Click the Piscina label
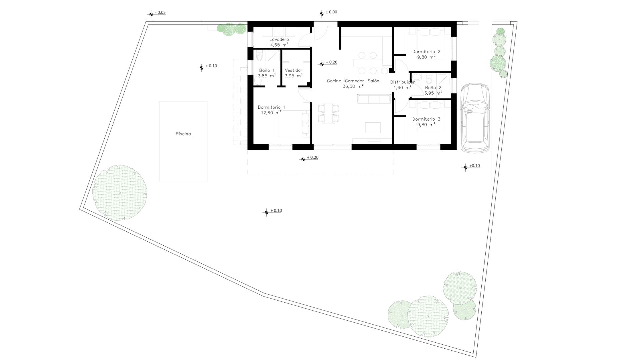point(183,134)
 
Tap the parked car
point(475,118)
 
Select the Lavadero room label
point(279,39)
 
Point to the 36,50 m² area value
point(353,86)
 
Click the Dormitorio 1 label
point(271,107)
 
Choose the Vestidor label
point(294,70)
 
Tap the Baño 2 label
point(433,88)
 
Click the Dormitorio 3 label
point(426,119)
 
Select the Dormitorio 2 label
point(426,52)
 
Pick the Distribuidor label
point(402,82)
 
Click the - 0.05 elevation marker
point(157,13)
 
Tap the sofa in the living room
point(374,99)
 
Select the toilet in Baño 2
point(429,79)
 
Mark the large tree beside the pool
point(120,193)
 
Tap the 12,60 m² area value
point(271,113)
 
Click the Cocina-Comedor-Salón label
point(353,81)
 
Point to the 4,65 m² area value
point(279,45)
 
